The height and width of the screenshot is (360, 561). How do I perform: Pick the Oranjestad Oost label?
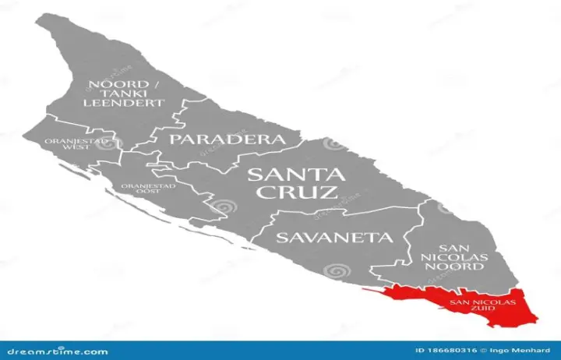pos(147,189)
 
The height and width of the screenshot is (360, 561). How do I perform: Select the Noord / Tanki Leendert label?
pos(125,93)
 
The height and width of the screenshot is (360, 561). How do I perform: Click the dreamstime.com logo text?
pos(54,351)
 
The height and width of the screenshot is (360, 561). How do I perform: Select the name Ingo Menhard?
pos(530,351)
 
